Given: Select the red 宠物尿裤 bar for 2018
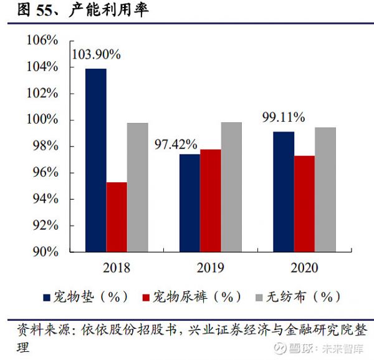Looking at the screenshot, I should tap(117, 217).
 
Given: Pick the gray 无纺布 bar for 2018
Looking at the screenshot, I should tap(138, 187).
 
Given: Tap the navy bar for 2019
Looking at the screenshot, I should tap(190, 203).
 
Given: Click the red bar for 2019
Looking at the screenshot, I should tap(211, 200).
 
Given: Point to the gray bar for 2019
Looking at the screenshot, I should tap(231, 187).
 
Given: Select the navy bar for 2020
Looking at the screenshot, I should tap(284, 192).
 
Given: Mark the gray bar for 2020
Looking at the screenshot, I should tap(325, 189).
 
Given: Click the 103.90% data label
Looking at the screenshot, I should tap(96, 54).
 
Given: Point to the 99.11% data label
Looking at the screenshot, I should tap(284, 117).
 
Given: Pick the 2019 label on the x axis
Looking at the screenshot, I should tap(210, 268).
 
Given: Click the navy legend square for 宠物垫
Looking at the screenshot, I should tap(47, 297).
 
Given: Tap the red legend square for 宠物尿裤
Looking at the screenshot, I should tap(147, 297).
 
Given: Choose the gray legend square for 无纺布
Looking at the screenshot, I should tap(260, 297).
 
